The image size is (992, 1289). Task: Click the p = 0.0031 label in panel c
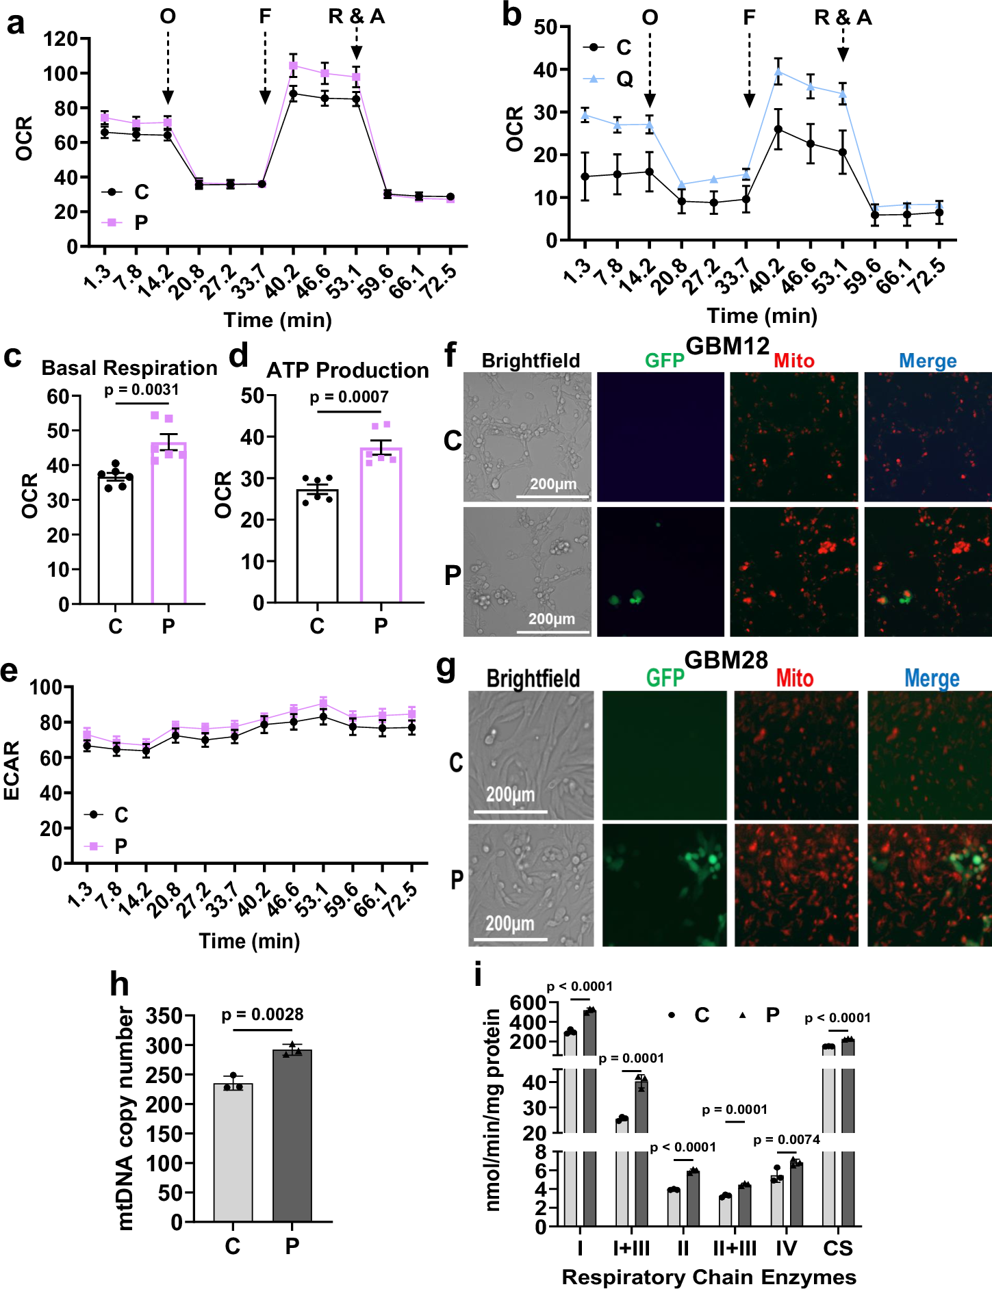142,390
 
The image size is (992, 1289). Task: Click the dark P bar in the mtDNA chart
292,1136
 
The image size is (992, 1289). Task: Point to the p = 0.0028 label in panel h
262,1015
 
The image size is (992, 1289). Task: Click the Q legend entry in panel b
624,79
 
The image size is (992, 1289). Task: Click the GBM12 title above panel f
727,346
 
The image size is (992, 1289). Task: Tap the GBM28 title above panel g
726,660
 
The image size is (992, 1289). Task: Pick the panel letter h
120,985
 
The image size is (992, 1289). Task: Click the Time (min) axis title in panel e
249,941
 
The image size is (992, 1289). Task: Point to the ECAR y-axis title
12,770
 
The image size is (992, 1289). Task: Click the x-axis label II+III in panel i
735,1249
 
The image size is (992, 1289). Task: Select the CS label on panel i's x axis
837,1249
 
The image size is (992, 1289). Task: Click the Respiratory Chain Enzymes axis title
709,1277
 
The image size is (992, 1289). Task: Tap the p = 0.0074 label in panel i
787,1140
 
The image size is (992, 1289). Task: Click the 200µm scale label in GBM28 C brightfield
510,795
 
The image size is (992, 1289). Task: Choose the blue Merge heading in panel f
928,361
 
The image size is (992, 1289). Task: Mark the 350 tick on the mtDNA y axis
165,1016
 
